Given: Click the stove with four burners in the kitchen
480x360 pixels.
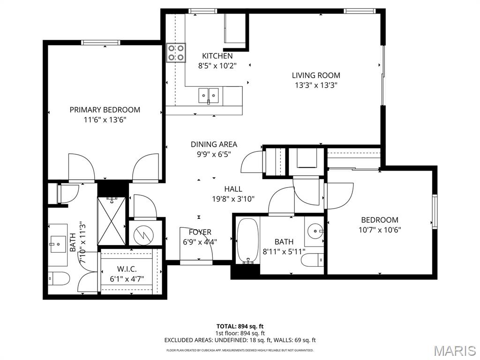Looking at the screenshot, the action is [176, 52].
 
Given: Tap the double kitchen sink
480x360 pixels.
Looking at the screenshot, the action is [209, 96].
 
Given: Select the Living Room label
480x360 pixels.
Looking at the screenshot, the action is [316, 75].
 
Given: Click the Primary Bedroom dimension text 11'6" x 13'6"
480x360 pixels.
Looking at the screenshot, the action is [105, 120].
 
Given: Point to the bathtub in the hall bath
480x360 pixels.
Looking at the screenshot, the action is [247, 240].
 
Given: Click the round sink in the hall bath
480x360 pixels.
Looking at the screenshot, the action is [315, 230].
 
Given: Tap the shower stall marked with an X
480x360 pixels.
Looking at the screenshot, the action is [112, 221].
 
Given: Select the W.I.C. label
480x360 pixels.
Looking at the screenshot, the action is [127, 269].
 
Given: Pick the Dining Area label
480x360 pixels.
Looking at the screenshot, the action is [214, 144].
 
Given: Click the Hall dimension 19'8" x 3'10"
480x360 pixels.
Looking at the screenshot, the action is [233, 199].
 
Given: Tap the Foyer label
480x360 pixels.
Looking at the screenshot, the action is [200, 232].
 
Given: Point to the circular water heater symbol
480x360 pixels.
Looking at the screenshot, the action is [144, 233].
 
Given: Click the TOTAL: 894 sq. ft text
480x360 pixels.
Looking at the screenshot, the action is [240, 326].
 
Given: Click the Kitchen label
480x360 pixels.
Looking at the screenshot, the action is [217, 56].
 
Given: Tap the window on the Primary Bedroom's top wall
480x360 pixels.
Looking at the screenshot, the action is [101, 43].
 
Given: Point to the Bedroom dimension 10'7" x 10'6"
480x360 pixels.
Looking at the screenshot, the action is [380, 230].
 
